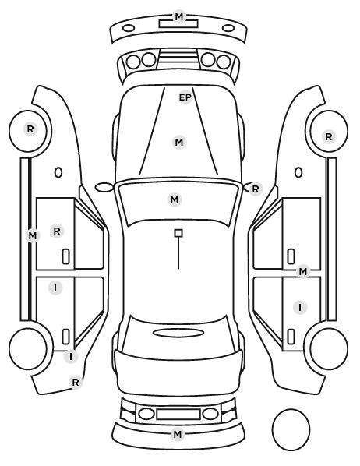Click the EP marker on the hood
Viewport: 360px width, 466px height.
(x=185, y=97)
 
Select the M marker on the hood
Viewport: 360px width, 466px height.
(x=179, y=143)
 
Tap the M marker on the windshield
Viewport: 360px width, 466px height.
(x=175, y=199)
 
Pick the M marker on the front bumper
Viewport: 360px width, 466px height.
(x=179, y=17)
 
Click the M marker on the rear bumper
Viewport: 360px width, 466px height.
(x=178, y=434)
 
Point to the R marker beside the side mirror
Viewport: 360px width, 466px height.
(x=256, y=189)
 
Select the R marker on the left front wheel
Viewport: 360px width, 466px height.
(x=30, y=129)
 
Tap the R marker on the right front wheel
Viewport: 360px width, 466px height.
(x=329, y=137)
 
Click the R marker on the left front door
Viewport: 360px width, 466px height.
(x=57, y=231)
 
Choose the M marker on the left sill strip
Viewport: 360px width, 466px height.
(x=33, y=236)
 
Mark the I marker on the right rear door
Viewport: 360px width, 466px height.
(x=300, y=307)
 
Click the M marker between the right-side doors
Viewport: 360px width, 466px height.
(x=302, y=271)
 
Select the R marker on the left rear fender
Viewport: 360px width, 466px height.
(x=76, y=382)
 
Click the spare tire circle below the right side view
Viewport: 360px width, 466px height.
(x=291, y=429)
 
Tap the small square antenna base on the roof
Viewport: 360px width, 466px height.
(x=178, y=233)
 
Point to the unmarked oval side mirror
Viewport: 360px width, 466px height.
(x=104, y=188)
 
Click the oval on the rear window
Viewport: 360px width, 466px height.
(x=178, y=333)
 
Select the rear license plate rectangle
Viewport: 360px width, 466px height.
(x=178, y=414)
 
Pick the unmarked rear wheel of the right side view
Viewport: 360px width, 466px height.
(x=329, y=348)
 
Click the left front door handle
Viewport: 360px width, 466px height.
(x=66, y=256)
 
